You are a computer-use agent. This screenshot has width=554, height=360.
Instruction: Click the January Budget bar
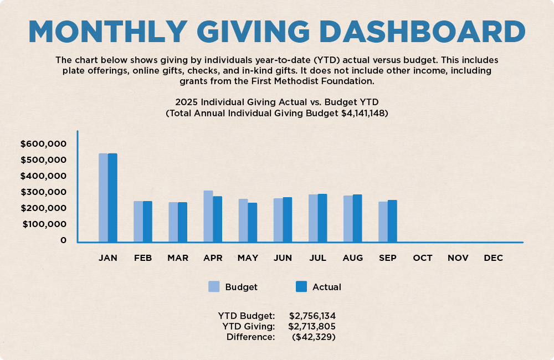103,197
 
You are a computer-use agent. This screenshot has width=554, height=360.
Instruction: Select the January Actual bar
112,197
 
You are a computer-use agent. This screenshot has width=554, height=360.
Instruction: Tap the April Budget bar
208,216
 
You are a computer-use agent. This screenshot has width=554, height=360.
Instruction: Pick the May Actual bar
252,222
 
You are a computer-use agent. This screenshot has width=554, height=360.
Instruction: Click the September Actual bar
392,220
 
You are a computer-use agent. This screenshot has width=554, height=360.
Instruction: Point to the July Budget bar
313,218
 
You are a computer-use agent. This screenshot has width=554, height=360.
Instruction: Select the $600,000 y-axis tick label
43,144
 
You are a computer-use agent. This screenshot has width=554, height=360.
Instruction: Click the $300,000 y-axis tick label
43,192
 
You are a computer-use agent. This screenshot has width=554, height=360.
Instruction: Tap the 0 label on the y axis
64,240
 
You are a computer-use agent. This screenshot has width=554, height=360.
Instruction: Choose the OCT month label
423,258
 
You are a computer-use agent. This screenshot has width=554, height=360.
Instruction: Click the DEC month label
493,258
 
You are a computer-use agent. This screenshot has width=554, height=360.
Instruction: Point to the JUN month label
283,258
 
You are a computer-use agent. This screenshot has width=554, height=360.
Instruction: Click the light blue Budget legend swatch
214,286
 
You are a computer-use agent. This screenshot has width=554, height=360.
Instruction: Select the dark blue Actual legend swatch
301,286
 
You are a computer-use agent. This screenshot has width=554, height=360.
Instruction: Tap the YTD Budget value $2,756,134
312,316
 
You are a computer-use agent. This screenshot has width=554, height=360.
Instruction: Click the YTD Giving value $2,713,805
312,326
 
